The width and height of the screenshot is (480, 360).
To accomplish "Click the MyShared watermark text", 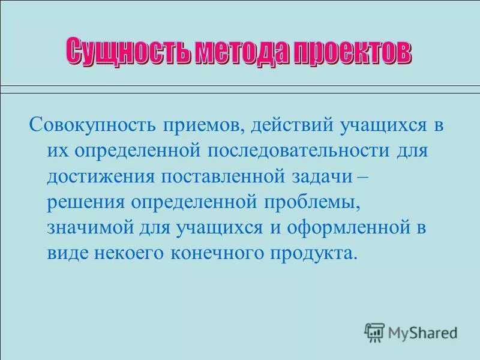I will coord(422,331).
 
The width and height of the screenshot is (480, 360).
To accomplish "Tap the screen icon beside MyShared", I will coord(374,331).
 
